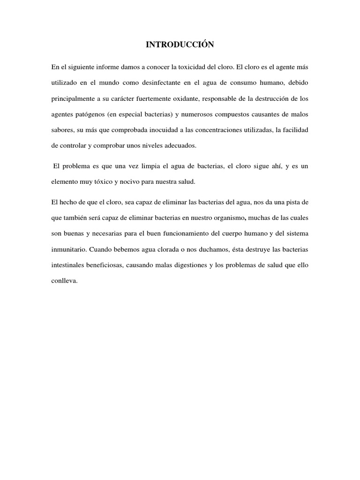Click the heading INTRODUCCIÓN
pos(180,45)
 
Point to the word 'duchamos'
pos(211,249)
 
